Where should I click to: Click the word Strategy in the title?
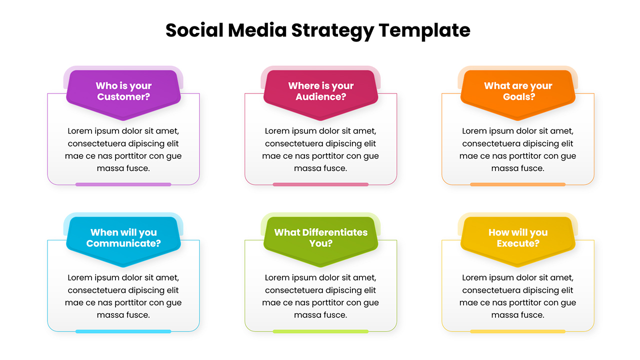click(x=332, y=31)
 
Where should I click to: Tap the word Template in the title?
click(x=424, y=30)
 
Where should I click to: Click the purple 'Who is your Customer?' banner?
click(x=123, y=95)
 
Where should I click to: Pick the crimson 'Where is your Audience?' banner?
click(x=320, y=95)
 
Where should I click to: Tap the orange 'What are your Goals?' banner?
click(x=518, y=95)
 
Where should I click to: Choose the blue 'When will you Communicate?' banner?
click(x=123, y=241)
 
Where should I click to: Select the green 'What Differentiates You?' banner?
click(x=320, y=241)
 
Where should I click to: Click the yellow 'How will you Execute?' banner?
click(x=518, y=241)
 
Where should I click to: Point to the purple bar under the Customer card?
click(x=123, y=184)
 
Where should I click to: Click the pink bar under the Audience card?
click(x=320, y=184)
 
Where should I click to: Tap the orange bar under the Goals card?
click(x=518, y=184)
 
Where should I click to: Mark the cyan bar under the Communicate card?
click(x=123, y=331)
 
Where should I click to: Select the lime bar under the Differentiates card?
click(x=320, y=331)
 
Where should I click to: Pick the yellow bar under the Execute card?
click(x=518, y=331)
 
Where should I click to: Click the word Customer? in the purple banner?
click(x=123, y=97)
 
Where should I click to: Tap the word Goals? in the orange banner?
click(x=519, y=97)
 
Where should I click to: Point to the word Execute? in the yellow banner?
click(x=518, y=243)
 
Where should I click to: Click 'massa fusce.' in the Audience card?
click(x=320, y=168)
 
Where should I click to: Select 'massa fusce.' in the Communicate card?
click(x=123, y=315)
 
